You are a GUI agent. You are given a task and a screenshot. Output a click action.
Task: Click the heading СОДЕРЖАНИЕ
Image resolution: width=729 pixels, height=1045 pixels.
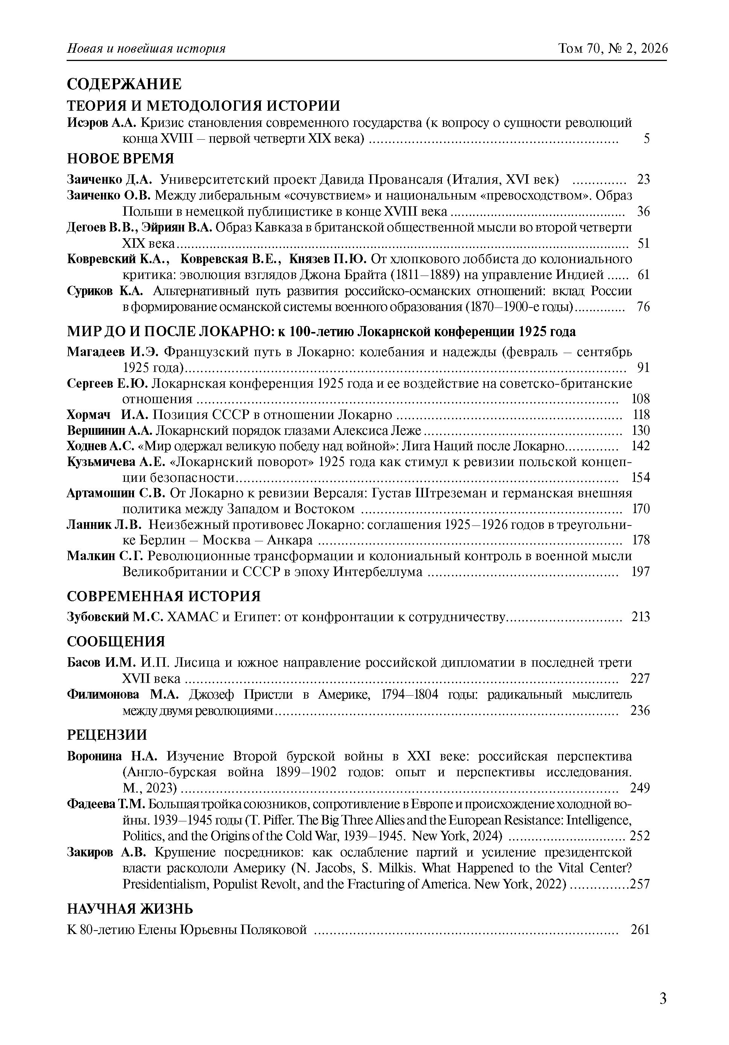click(124, 84)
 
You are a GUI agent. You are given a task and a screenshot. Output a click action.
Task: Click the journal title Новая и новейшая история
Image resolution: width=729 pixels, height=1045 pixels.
click(146, 48)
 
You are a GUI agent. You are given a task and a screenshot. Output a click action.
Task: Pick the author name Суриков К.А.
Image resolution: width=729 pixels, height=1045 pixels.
click(105, 291)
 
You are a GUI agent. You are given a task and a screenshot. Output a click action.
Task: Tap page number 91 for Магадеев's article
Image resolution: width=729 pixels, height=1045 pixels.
click(644, 367)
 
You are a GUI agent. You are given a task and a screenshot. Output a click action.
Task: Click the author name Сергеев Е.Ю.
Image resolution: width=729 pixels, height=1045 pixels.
click(107, 383)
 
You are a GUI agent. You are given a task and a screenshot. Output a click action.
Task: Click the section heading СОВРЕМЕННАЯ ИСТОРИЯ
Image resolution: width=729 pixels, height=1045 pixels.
click(164, 596)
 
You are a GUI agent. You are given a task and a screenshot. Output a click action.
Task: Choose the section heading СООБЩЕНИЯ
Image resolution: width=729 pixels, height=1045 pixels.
click(116, 642)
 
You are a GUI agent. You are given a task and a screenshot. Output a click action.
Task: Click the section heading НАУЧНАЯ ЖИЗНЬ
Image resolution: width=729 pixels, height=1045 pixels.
click(130, 909)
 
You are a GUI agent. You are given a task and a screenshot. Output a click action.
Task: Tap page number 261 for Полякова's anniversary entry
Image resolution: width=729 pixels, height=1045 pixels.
click(640, 929)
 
